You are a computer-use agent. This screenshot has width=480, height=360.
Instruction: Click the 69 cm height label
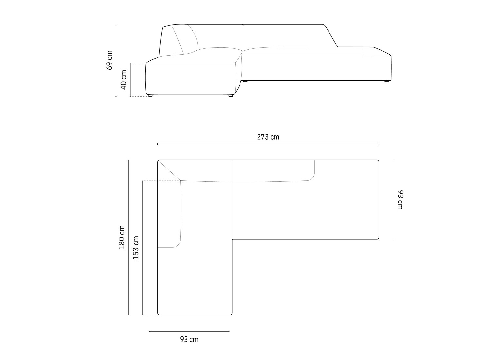click(109, 60)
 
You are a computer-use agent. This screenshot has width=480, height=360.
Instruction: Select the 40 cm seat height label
click(124, 80)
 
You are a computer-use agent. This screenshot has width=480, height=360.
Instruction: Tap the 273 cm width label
click(268, 137)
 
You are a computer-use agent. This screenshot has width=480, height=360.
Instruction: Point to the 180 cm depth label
click(122, 237)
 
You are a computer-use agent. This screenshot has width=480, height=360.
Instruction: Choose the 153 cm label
click(136, 248)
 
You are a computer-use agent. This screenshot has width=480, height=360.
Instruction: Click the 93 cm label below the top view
click(189, 339)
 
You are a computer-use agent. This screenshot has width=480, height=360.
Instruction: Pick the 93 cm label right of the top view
click(400, 200)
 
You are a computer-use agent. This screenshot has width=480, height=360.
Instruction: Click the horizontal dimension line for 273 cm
click(268, 144)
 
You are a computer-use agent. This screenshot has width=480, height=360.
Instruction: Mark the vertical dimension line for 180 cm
click(128, 237)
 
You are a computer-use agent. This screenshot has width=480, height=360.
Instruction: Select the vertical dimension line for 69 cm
click(116, 60)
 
